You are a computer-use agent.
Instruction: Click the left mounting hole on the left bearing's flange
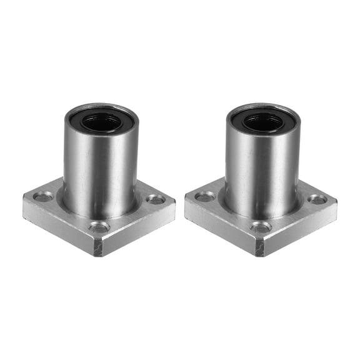click(43, 197)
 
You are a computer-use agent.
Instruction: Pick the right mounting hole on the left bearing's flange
click(155, 199)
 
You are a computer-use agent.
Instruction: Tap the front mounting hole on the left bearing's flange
click(99, 227)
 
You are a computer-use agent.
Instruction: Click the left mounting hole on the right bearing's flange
click(204, 197)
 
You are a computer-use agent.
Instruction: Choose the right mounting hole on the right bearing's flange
click(317, 199)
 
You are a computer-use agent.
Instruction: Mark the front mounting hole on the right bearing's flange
click(261, 227)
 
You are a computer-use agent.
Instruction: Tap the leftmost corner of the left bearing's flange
click(24, 201)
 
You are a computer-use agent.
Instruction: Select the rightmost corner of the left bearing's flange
click(175, 204)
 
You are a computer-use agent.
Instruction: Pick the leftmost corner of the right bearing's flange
click(186, 201)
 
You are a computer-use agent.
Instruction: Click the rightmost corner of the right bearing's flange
click(337, 204)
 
